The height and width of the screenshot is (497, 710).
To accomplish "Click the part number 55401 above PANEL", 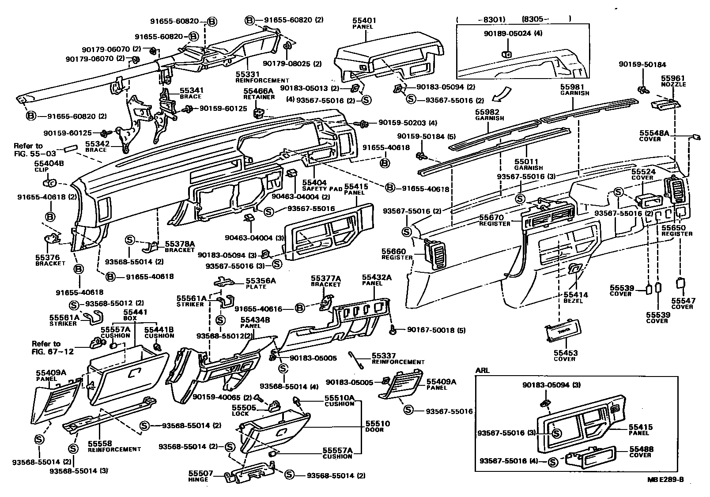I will (363, 21).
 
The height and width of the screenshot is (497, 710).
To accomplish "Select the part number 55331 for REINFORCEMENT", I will (248, 75).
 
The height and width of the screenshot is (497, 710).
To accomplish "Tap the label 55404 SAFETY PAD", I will (314, 182).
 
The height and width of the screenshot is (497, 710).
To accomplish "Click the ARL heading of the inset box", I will (482, 371).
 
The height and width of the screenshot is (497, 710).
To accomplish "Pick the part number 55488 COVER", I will (642, 449).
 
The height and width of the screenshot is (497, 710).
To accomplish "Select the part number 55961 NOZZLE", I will (673, 79).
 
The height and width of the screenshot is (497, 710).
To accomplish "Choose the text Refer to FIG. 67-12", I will (46, 347).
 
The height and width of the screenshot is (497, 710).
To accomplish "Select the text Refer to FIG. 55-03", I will (28, 149).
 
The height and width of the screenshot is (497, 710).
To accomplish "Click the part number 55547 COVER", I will (683, 301).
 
